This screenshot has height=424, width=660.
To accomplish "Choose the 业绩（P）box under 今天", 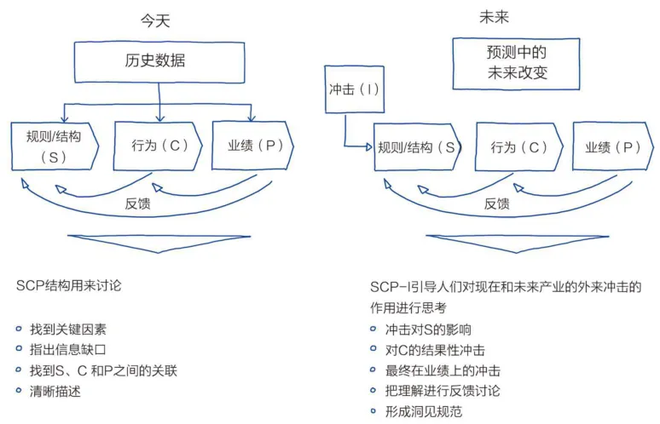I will [x=248, y=146].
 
